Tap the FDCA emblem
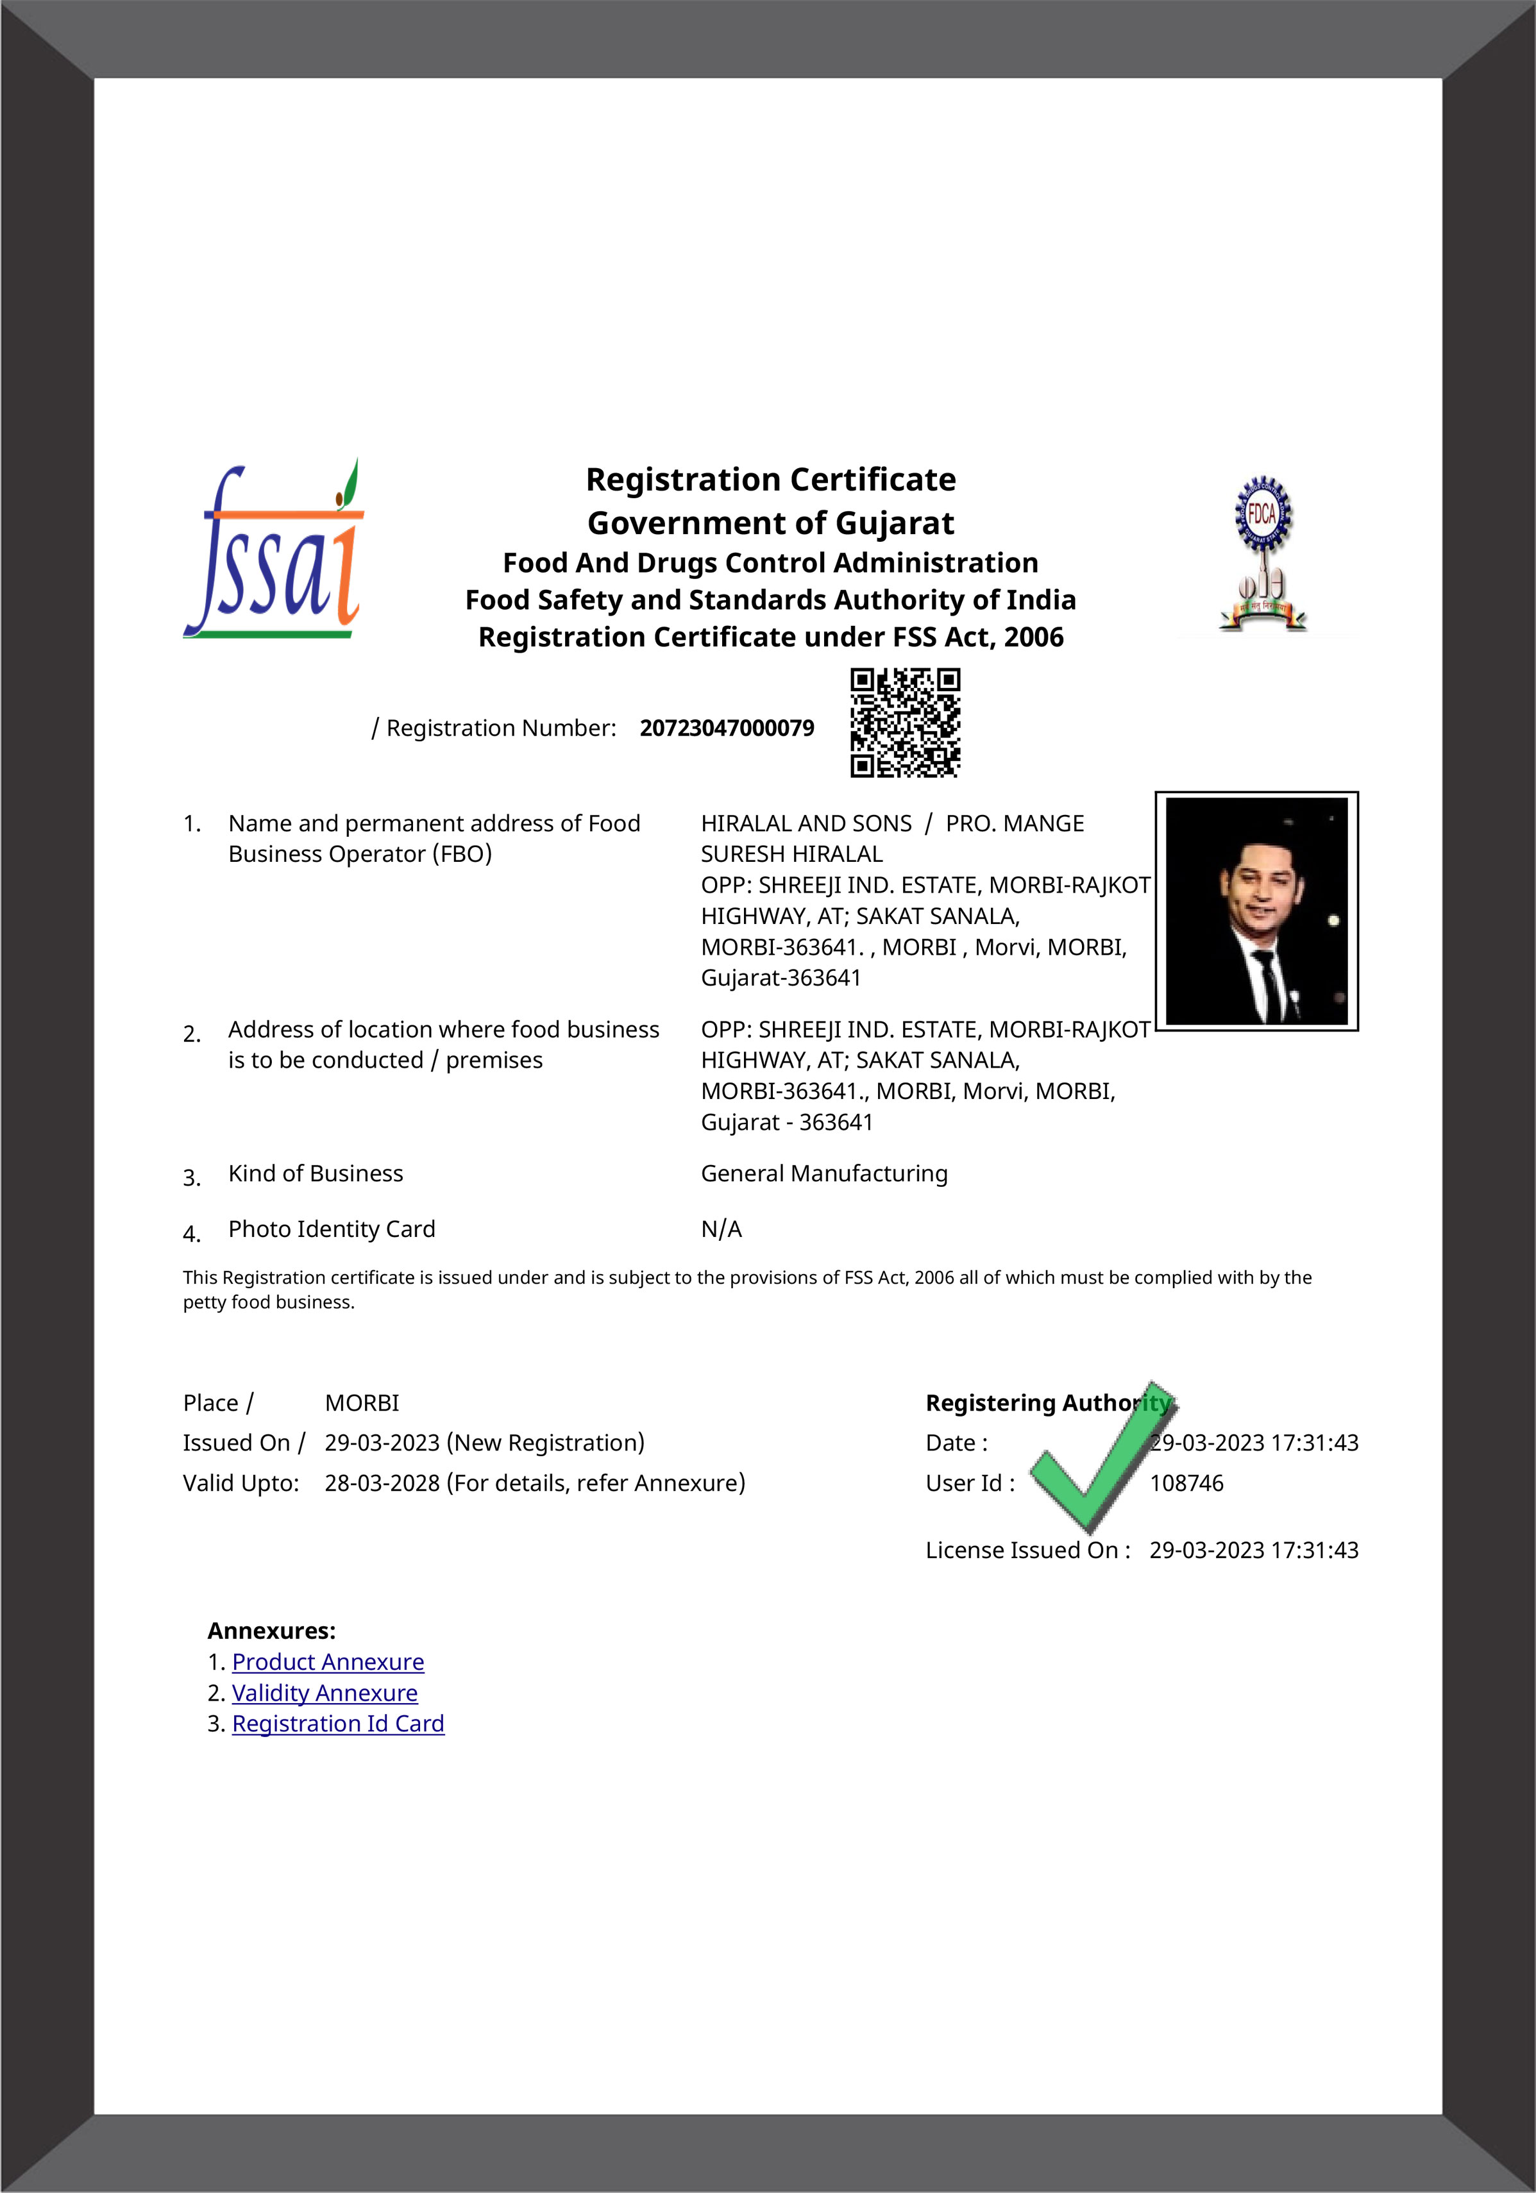click(1263, 554)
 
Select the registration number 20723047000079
click(726, 728)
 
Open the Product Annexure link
click(328, 1662)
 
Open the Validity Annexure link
click(325, 1692)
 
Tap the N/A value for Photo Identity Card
click(722, 1229)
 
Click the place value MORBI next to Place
click(362, 1402)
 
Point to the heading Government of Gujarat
click(770, 523)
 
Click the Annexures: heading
click(271, 1631)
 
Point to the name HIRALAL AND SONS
click(806, 823)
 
